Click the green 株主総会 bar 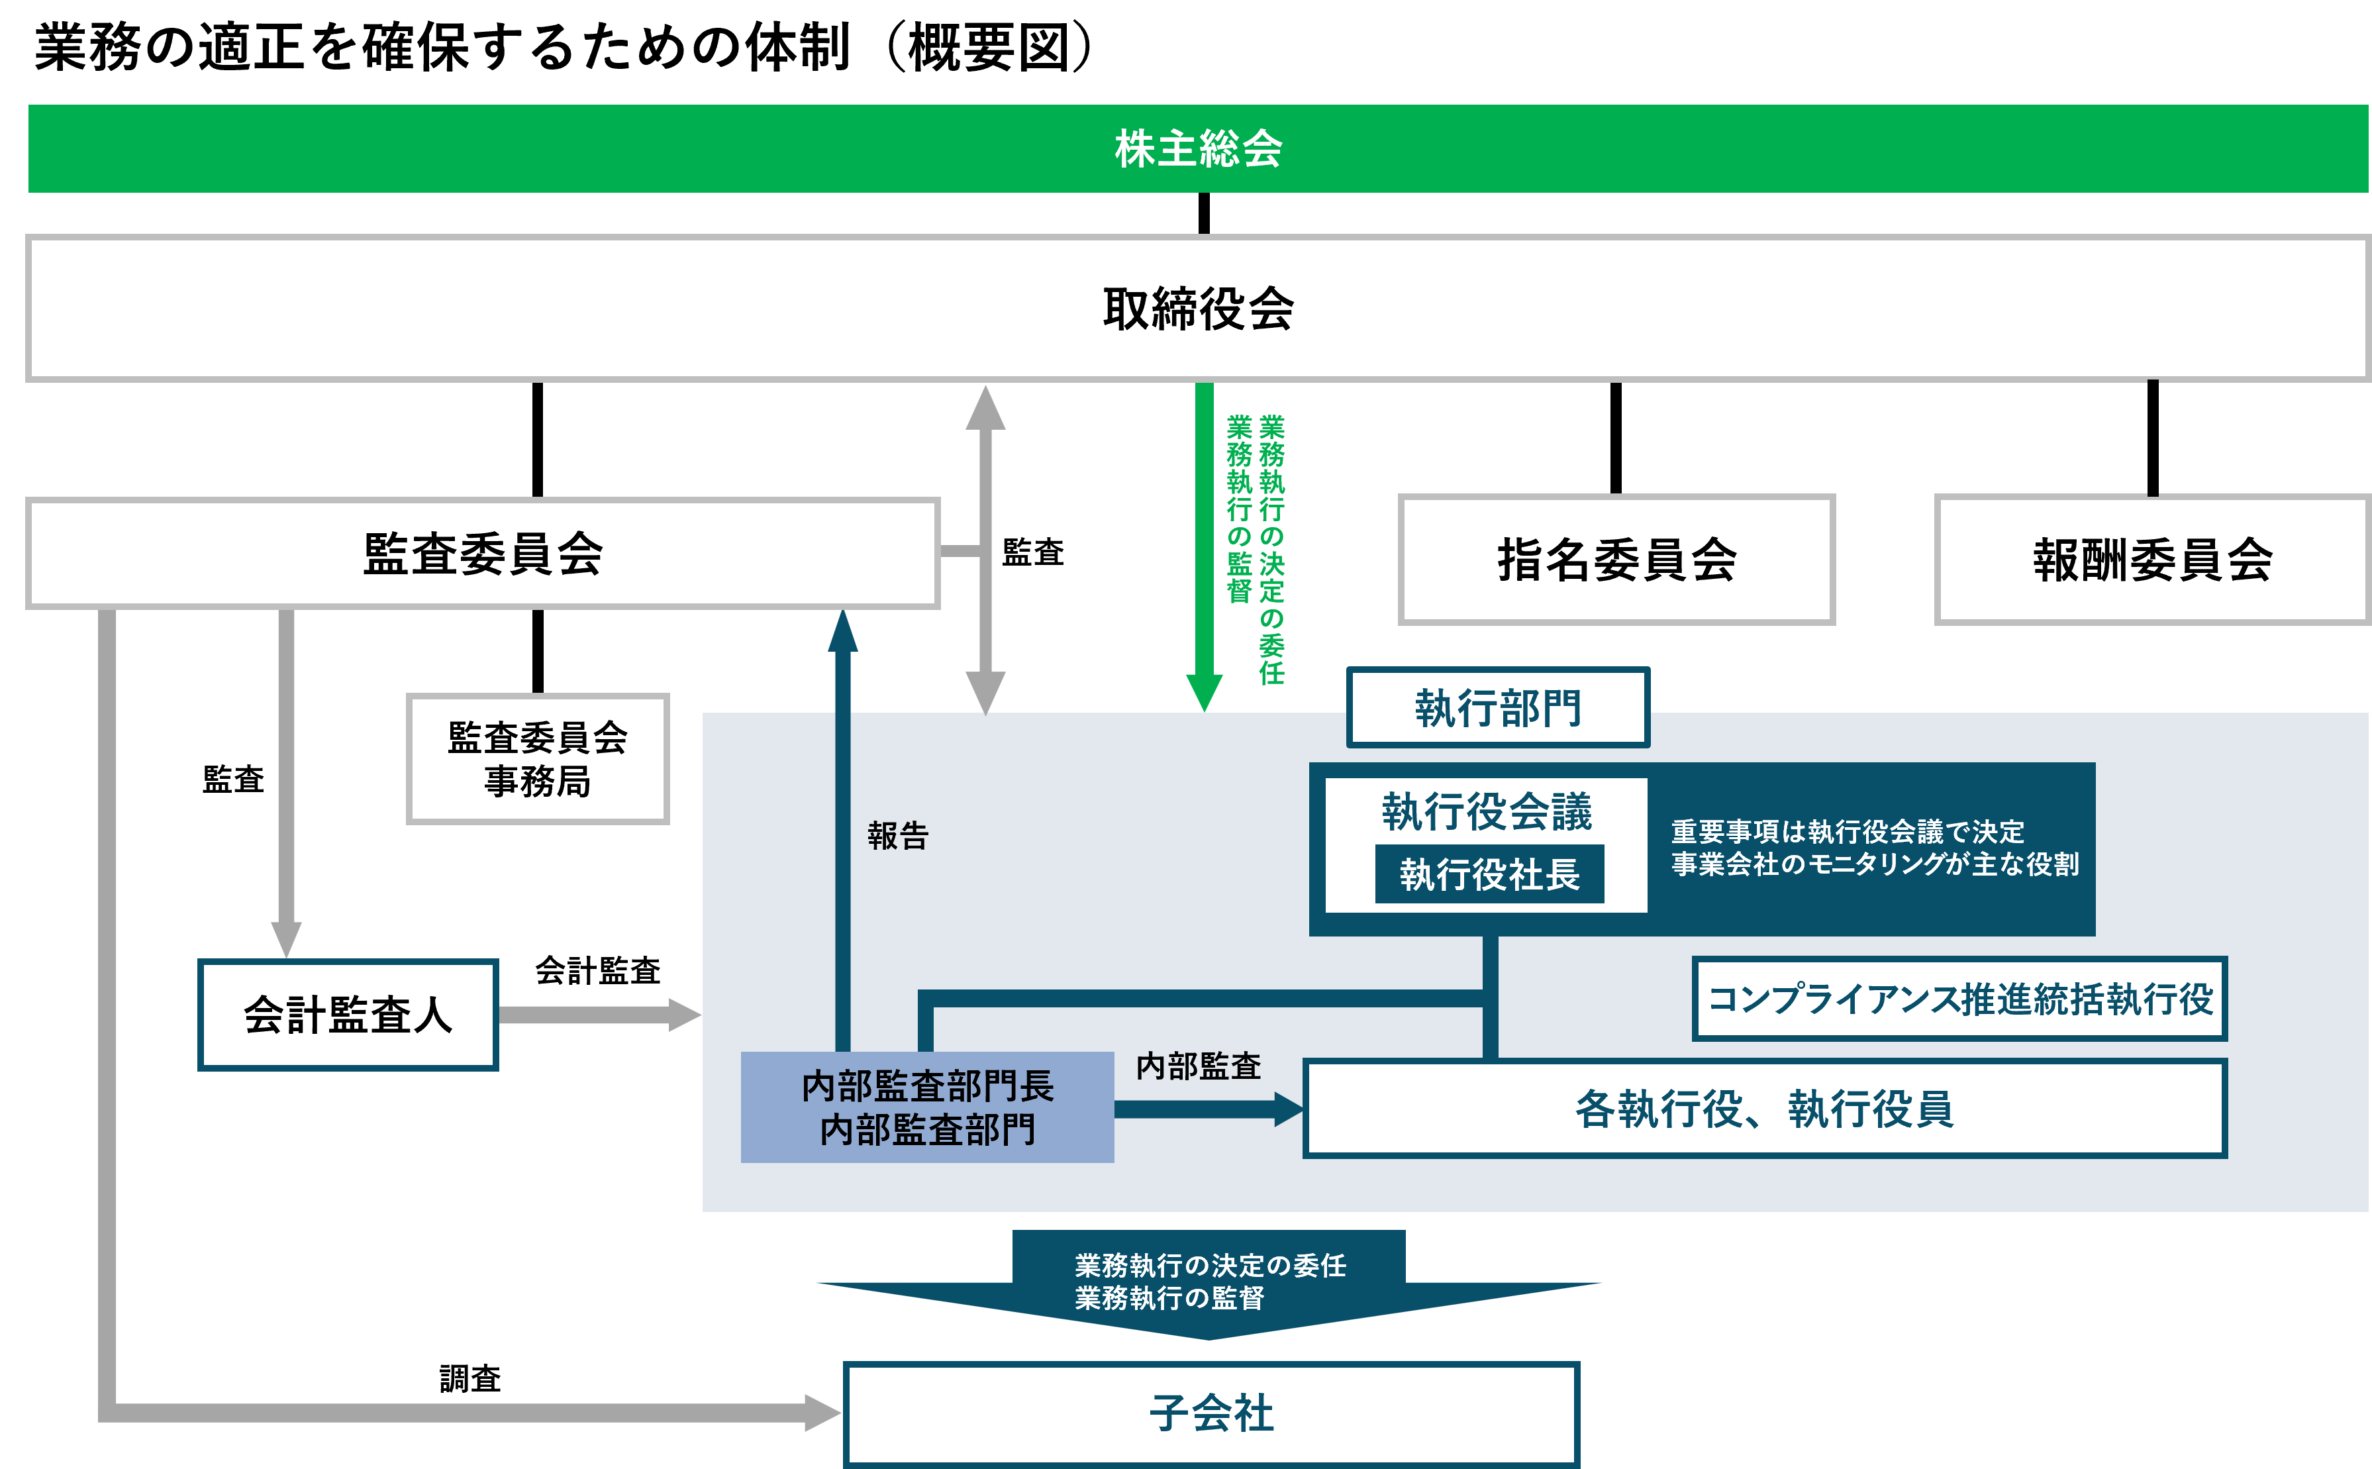click(1198, 148)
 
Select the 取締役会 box click(1198, 309)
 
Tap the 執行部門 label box click(1498, 707)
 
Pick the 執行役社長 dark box click(1489, 874)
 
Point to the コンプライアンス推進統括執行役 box click(1959, 999)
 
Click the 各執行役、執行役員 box click(1764, 1109)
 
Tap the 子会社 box click(1211, 1413)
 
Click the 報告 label click(897, 836)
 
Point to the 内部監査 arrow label click(1199, 1066)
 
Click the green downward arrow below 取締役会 click(1205, 544)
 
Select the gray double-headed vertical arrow click(985, 549)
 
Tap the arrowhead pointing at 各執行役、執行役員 click(1288, 1109)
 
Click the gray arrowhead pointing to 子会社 click(822, 1413)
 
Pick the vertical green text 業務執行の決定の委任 click(1271, 549)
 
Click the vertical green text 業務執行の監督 click(1238, 509)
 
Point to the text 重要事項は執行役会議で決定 click(1848, 832)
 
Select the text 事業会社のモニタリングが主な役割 click(1875, 864)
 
